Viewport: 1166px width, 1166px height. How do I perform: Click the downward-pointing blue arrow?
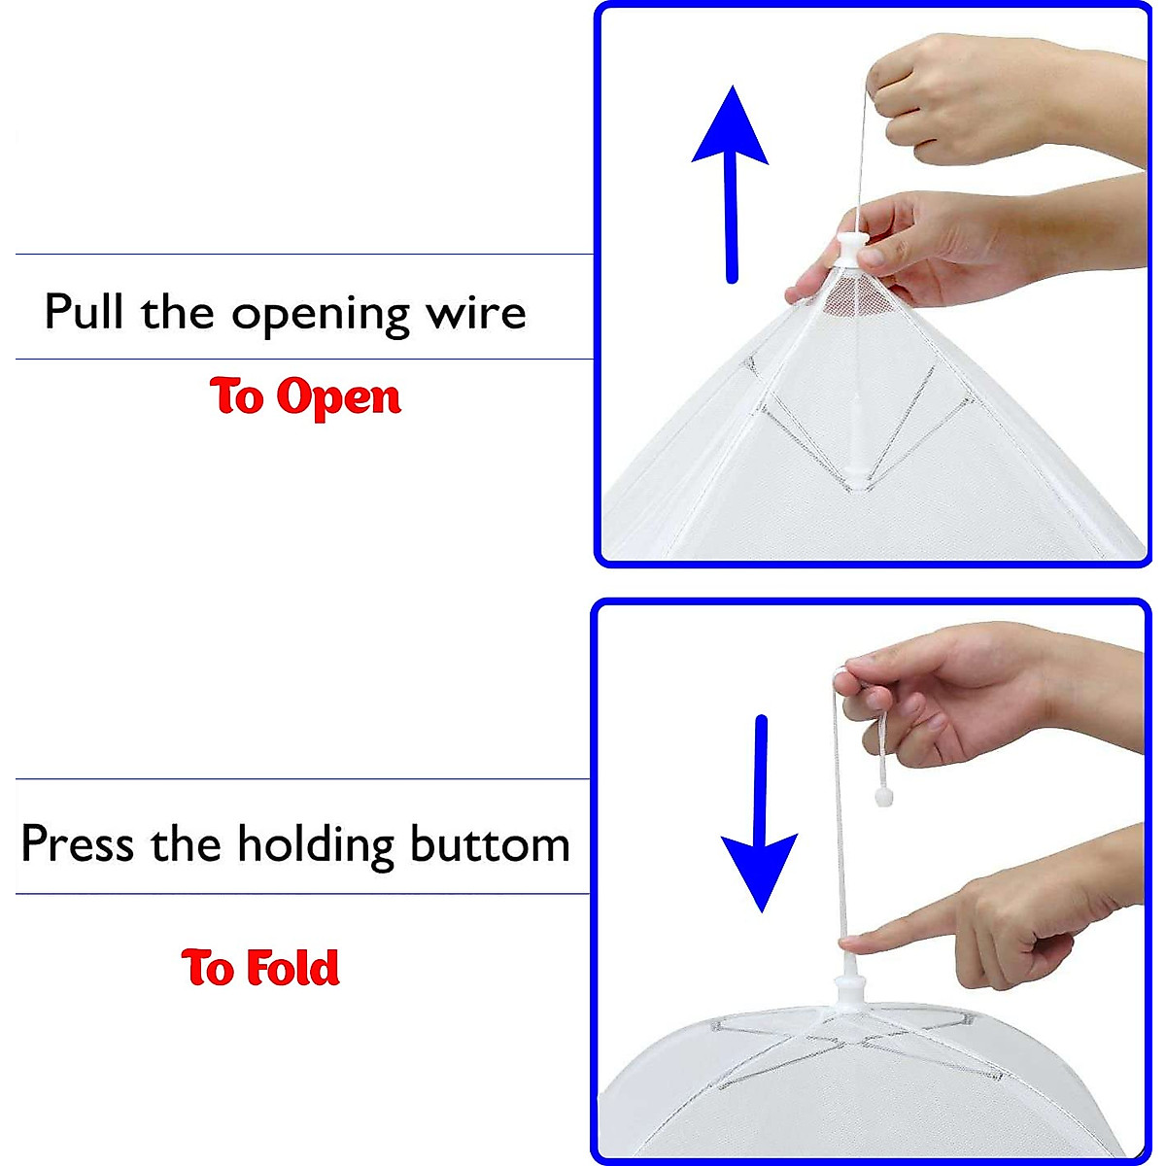tap(761, 816)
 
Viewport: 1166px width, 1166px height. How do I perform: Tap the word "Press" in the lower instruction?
tap(77, 842)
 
